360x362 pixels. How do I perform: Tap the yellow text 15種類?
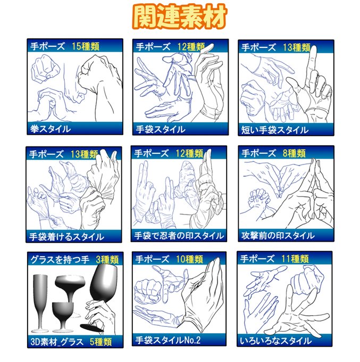(86, 46)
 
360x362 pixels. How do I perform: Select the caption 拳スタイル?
(51, 129)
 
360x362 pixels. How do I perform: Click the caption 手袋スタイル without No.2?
(161, 129)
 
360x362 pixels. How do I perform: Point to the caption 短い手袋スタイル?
(275, 130)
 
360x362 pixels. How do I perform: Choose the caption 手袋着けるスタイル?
(66, 237)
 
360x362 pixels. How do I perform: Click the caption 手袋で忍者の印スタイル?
(179, 236)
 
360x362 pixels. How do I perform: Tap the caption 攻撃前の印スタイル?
(278, 236)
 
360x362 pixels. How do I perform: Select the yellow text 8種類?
(294, 153)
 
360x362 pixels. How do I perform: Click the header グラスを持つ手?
(60, 260)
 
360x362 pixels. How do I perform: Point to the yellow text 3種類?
(107, 260)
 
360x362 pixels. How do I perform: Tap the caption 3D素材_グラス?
(57, 342)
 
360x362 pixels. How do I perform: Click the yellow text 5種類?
(101, 342)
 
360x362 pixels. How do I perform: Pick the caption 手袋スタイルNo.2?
(168, 340)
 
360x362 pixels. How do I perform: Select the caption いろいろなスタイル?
(275, 341)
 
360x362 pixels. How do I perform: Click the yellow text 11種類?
(295, 259)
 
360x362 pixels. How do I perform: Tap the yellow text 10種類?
(189, 259)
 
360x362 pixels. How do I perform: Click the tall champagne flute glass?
(40, 303)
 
